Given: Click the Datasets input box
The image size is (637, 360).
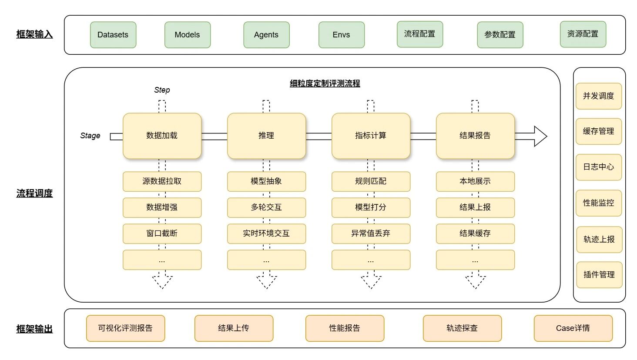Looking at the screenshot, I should [x=113, y=35].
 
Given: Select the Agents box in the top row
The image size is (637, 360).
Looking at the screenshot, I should [x=266, y=35].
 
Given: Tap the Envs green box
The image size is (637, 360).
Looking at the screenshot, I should [x=342, y=35].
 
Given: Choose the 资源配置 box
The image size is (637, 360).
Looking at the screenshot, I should [x=583, y=34].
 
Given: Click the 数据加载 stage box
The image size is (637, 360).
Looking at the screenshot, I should [x=162, y=136].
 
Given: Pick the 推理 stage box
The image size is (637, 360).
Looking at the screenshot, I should [x=266, y=136].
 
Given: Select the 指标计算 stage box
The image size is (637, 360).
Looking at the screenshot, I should [x=371, y=136].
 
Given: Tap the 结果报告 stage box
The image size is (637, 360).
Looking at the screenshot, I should [x=475, y=136].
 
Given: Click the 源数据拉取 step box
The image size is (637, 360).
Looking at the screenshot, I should [x=162, y=181].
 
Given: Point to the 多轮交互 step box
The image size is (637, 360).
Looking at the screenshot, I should [x=266, y=207].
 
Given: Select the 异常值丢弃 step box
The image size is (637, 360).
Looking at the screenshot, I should [x=371, y=233].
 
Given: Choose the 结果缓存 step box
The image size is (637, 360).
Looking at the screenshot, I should [x=475, y=233].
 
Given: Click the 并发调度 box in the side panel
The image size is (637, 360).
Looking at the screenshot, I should [x=599, y=96].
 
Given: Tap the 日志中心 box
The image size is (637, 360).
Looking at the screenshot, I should [x=599, y=167].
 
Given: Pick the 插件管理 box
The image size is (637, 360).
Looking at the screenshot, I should [x=599, y=275].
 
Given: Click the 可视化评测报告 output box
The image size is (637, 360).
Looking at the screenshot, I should [x=125, y=328].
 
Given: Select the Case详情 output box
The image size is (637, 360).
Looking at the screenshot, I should [x=573, y=328].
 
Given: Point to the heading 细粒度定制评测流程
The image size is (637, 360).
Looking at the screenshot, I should [x=325, y=83].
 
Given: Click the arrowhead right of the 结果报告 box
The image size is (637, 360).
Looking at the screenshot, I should [x=540, y=136].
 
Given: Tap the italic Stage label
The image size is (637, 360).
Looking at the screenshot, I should [x=90, y=136].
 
